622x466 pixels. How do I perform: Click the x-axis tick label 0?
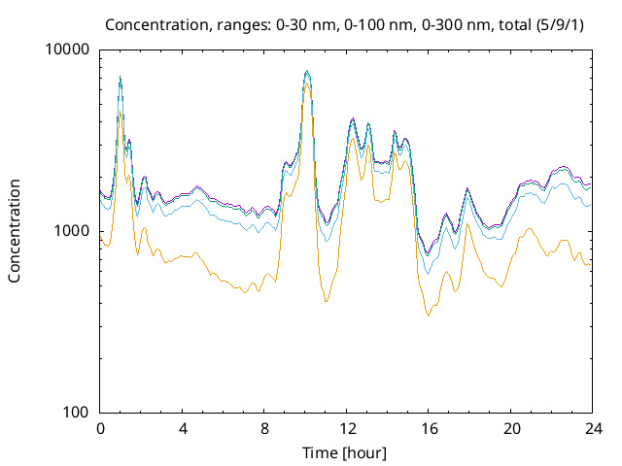tap(100, 429)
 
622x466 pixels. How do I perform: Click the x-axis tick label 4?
tap(183, 429)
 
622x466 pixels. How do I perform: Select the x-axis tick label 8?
tap(264, 429)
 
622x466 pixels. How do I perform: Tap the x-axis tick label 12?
tap(347, 429)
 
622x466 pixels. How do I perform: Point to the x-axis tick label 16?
tap(429, 429)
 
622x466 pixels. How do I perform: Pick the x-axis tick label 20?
tap(511, 429)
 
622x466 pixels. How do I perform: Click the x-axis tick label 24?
tap(593, 429)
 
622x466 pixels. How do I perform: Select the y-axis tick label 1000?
tap(74, 231)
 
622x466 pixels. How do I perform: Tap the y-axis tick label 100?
tap(78, 412)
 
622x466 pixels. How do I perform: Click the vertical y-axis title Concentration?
tap(15, 231)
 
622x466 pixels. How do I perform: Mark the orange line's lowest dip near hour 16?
tap(428, 316)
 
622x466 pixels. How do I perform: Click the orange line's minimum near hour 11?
tap(327, 302)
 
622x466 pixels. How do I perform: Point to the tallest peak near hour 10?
tap(306, 71)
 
